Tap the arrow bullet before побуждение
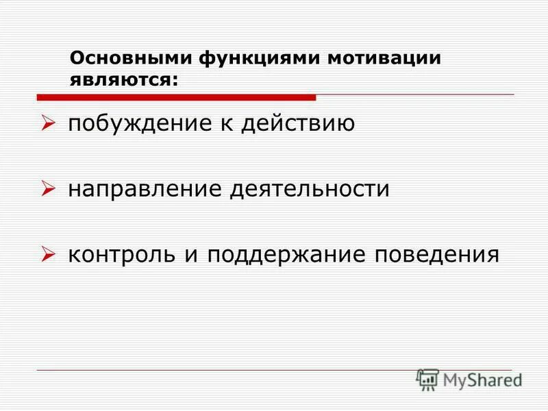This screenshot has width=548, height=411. pos(47,125)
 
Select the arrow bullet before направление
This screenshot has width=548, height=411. pos(47,190)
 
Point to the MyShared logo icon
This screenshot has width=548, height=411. pos(427,379)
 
